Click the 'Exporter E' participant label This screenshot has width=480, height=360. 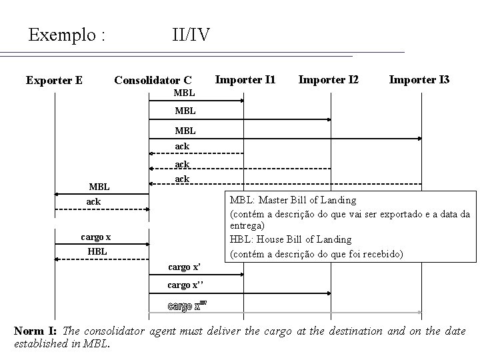coord(54,81)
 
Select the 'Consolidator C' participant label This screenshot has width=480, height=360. coord(153,81)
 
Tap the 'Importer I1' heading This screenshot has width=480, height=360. coord(245,80)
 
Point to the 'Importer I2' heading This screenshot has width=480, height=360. coord(328,80)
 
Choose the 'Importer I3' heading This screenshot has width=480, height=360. coord(419,80)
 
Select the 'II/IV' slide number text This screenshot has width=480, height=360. coord(191,34)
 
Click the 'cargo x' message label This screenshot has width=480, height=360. coord(96,237)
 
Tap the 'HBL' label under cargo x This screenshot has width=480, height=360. coord(97,251)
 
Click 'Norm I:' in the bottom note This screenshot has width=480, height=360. coord(36,331)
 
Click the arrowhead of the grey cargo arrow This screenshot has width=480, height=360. coord(419,311)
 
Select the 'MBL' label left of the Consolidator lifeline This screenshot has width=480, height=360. coord(99,186)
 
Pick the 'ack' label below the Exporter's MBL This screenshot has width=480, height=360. coord(93,201)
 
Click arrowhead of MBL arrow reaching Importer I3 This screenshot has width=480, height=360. coord(419,139)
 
